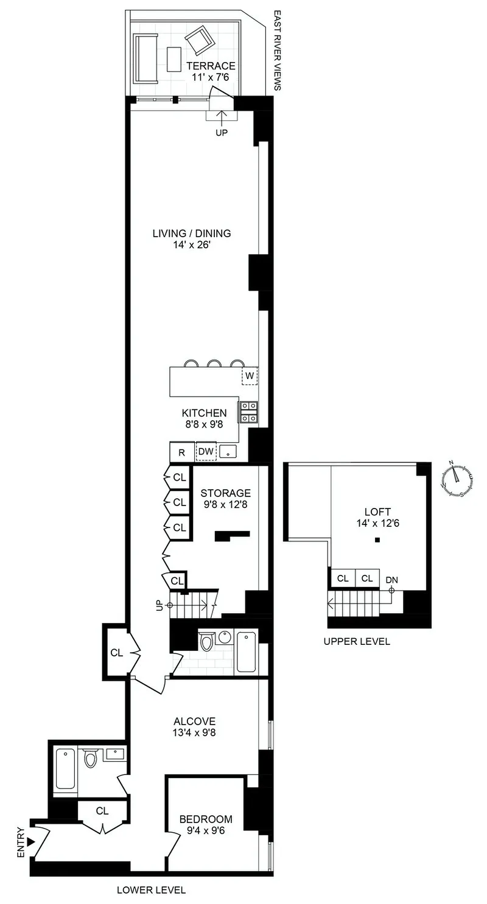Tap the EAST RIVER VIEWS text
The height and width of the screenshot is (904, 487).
[277, 50]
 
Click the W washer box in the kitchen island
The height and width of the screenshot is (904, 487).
[250, 375]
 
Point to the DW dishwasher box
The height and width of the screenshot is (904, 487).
[206, 451]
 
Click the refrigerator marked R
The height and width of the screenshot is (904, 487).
[181, 453]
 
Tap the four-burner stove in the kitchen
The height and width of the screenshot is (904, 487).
[248, 412]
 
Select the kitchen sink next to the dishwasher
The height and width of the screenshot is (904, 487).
[228, 451]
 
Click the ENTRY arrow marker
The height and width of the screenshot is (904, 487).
[31, 841]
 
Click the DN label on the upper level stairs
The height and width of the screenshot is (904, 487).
[391, 580]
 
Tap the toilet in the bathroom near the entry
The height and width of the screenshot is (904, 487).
[91, 758]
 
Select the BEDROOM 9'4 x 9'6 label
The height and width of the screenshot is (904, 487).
[206, 824]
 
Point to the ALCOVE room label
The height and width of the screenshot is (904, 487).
[194, 727]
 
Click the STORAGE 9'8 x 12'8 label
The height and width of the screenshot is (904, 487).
[225, 498]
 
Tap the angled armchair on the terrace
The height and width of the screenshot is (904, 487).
[199, 41]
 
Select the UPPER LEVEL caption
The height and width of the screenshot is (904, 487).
[357, 641]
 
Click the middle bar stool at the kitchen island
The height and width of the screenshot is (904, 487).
[214, 364]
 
